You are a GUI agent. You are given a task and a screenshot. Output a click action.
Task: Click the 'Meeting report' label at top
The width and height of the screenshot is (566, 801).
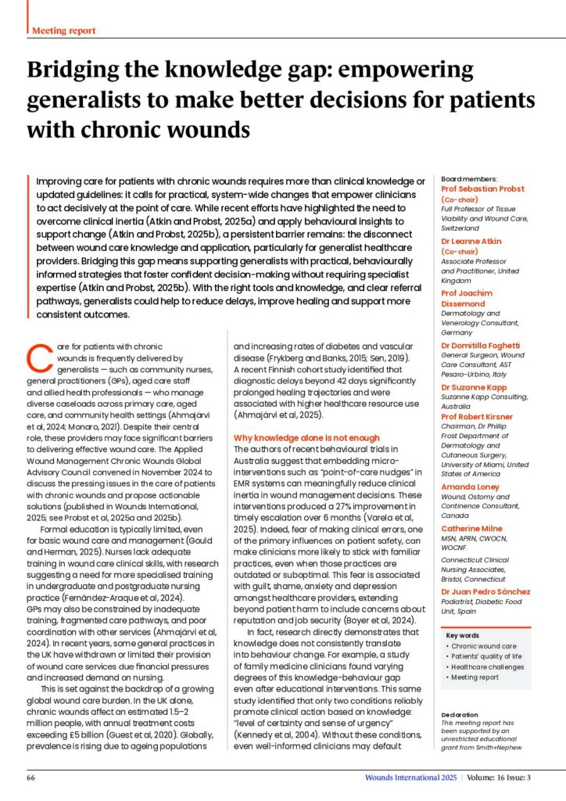[63, 31]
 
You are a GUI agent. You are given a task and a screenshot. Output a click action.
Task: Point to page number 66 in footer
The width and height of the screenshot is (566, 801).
[31, 779]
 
